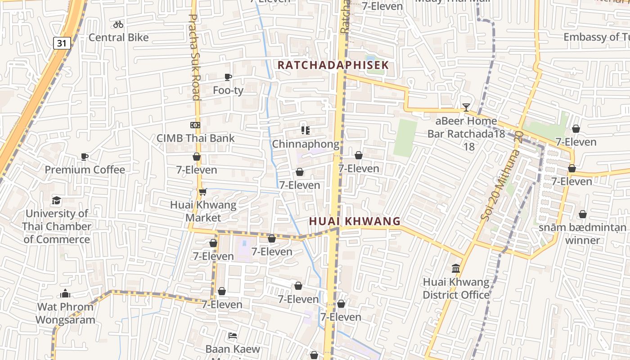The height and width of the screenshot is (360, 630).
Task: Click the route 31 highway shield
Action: click(x=62, y=43)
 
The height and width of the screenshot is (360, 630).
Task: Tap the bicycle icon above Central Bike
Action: click(x=118, y=24)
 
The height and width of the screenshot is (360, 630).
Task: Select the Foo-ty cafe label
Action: click(x=228, y=90)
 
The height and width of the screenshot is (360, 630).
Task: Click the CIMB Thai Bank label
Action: click(x=195, y=138)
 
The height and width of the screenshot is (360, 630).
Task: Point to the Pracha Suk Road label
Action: click(x=193, y=57)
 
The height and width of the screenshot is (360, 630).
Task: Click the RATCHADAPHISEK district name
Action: click(x=333, y=65)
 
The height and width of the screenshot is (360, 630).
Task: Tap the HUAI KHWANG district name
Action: click(x=355, y=221)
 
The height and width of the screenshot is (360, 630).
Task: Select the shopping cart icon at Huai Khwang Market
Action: click(x=202, y=192)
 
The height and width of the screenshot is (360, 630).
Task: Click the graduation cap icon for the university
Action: click(x=56, y=200)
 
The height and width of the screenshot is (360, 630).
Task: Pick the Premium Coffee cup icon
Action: click(x=84, y=157)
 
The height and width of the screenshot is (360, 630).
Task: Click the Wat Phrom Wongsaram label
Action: click(x=65, y=313)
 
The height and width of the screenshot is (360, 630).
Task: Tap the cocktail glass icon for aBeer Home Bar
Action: click(x=466, y=108)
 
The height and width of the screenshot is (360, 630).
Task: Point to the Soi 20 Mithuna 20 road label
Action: click(x=501, y=176)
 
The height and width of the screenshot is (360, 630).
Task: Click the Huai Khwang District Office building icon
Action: click(x=456, y=269)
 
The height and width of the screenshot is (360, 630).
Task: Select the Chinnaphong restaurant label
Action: click(x=306, y=144)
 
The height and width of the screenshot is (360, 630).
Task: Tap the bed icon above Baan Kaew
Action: click(x=233, y=336)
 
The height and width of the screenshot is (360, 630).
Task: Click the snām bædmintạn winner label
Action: click(x=582, y=234)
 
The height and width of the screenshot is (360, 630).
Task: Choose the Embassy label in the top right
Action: click(x=596, y=37)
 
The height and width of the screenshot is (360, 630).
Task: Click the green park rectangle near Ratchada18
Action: click(x=406, y=138)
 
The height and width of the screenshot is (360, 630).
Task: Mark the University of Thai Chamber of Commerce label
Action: click(x=56, y=226)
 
